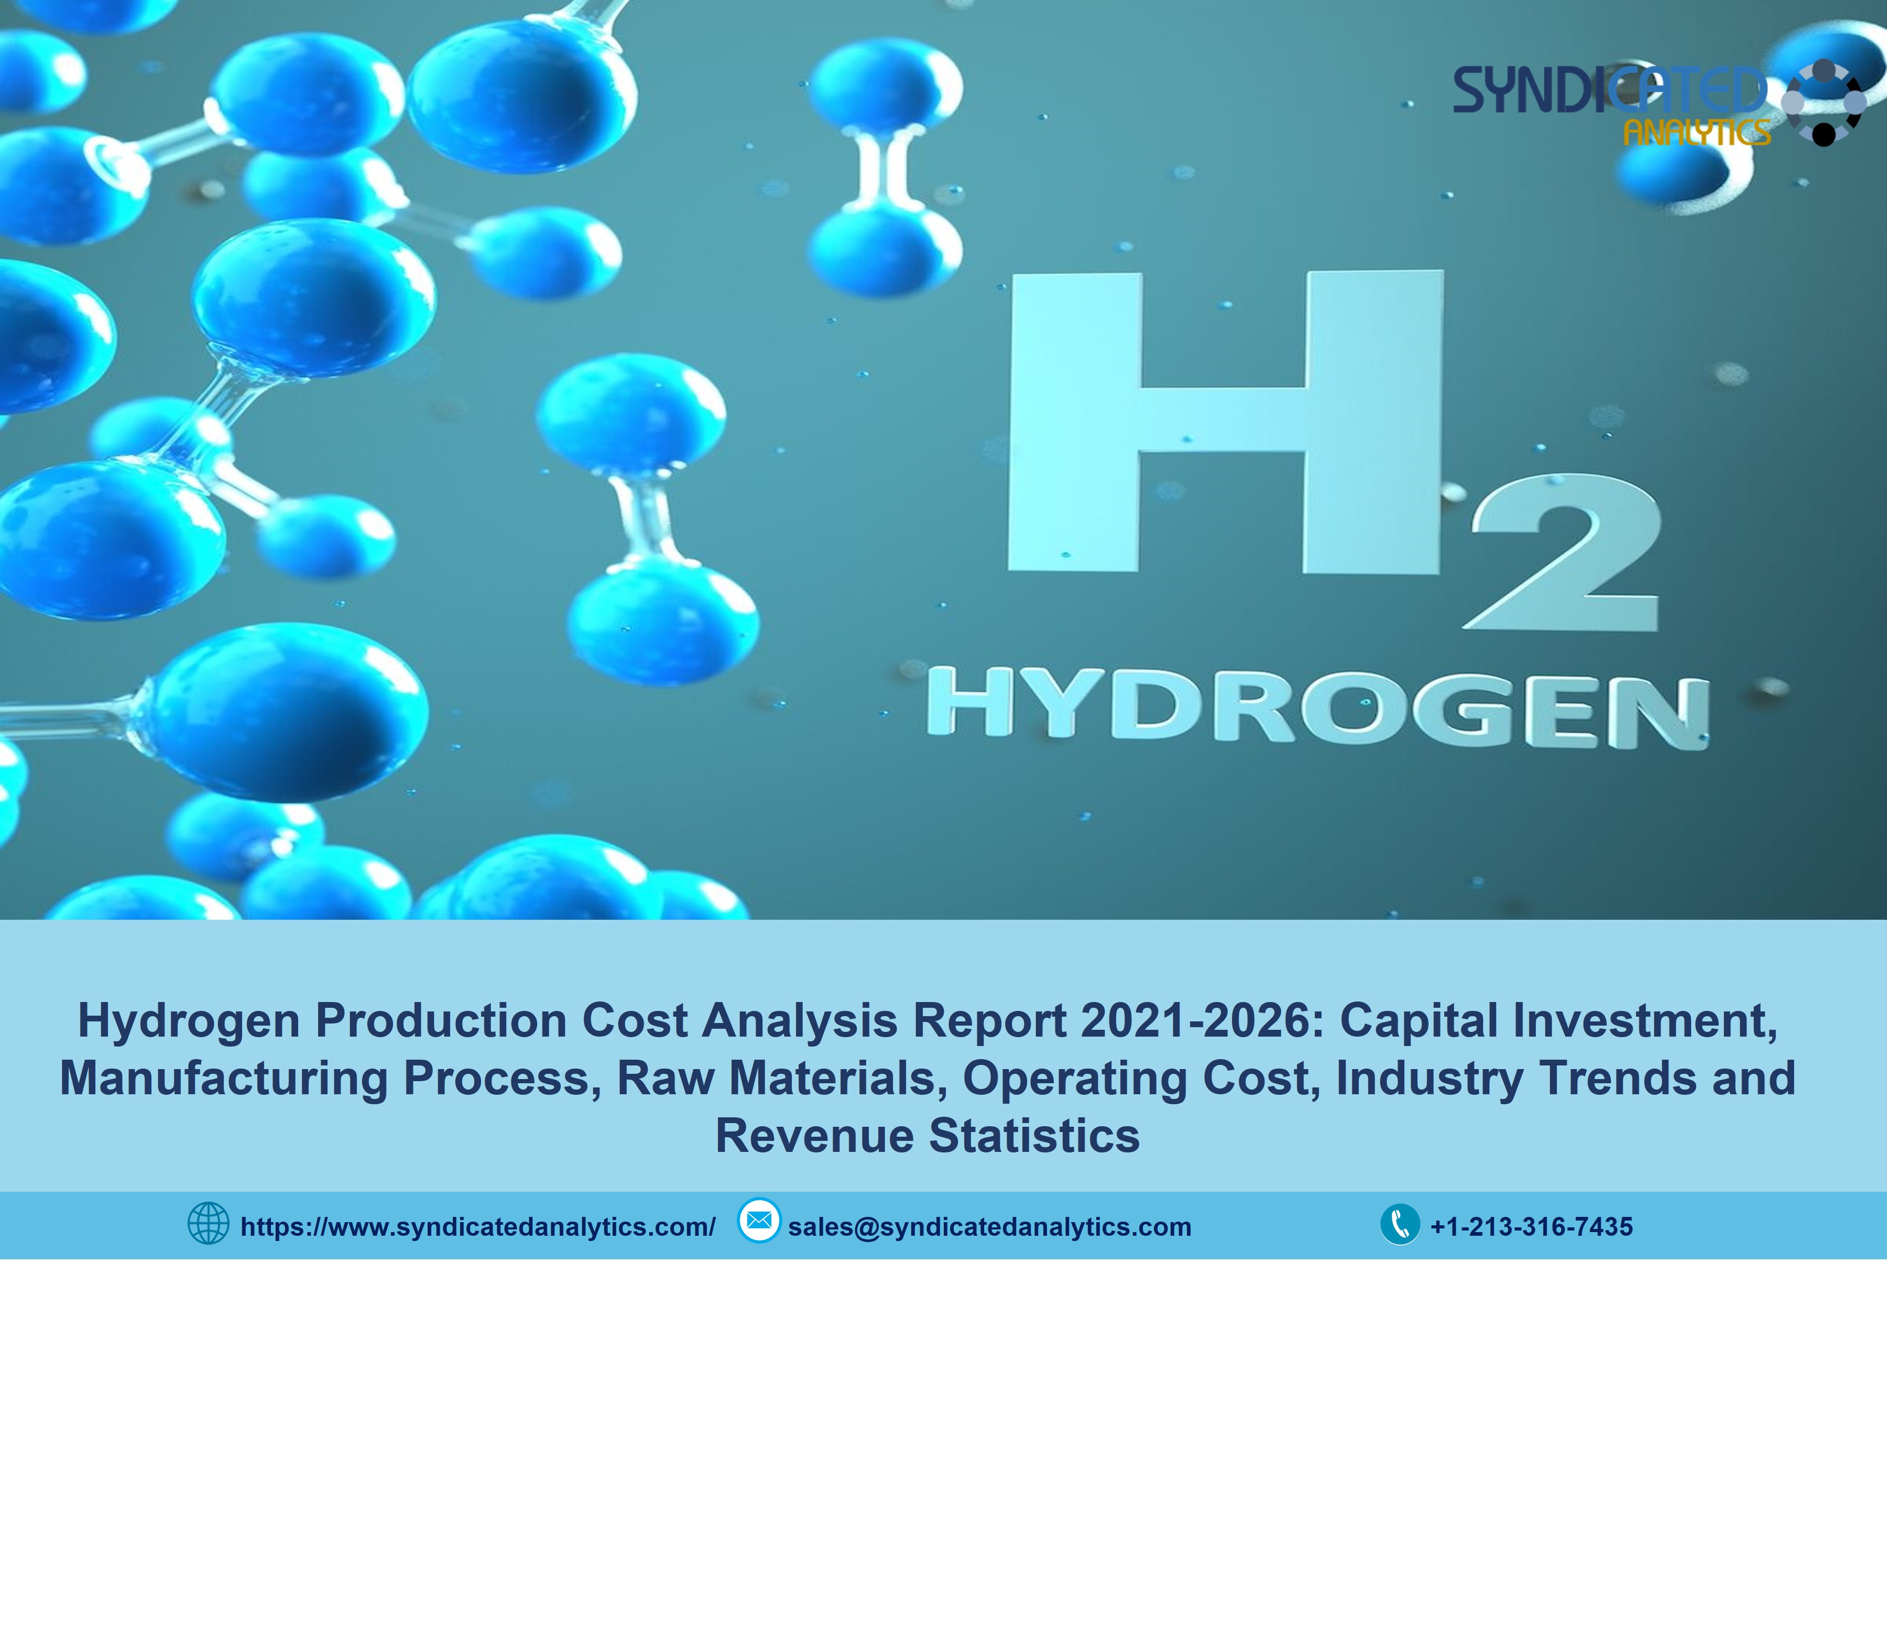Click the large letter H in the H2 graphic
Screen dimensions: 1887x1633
point(1226,422)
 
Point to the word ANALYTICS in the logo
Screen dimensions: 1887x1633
point(1697,133)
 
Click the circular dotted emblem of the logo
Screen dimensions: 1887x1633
point(1823,102)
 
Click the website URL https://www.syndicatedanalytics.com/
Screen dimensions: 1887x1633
point(477,1226)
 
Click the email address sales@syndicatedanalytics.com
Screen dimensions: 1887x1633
point(989,1226)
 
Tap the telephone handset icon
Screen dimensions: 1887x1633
point(1400,1224)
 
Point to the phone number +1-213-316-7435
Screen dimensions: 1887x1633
point(1532,1226)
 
